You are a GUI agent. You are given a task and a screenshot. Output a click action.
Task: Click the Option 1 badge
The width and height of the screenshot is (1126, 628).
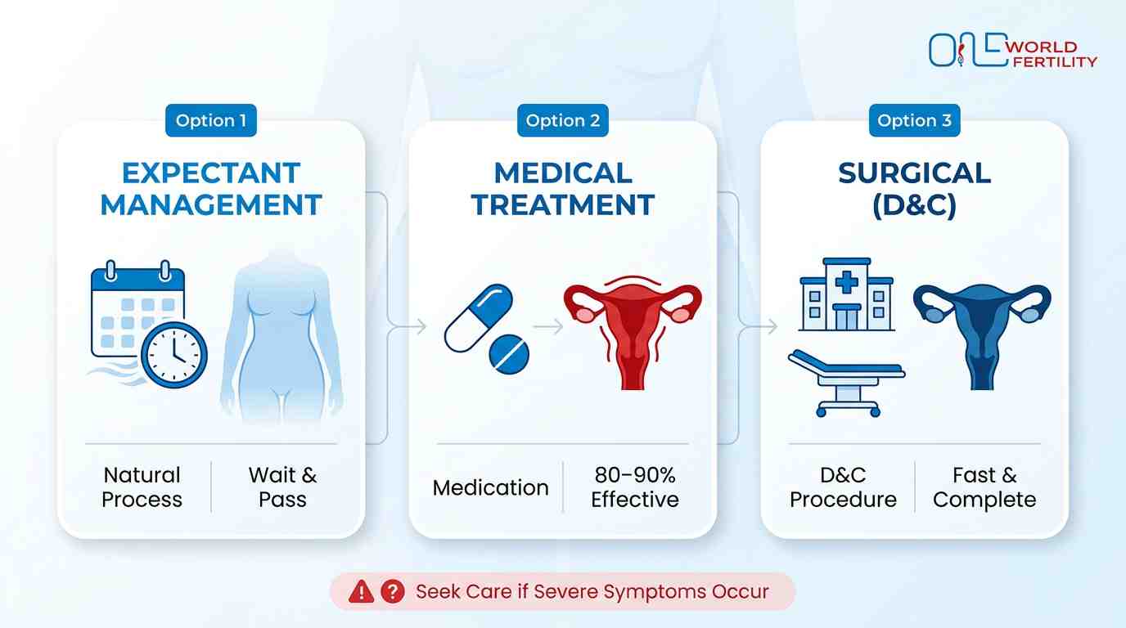210,121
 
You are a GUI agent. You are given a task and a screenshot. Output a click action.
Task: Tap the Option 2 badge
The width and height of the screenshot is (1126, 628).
562,121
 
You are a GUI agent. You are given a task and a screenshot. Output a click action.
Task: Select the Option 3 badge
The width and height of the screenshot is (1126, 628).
914,121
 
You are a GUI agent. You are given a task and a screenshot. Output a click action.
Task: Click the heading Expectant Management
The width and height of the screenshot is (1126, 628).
211,189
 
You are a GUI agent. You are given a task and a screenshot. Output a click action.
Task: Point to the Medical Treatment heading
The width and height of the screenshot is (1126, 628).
563,189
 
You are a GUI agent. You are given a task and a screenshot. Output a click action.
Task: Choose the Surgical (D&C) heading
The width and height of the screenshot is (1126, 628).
914,189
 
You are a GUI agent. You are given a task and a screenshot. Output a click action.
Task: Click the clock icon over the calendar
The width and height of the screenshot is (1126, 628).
174,354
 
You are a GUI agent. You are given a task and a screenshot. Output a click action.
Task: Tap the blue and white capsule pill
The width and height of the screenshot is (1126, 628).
478,318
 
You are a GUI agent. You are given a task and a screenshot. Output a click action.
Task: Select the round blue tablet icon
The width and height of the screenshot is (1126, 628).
509,354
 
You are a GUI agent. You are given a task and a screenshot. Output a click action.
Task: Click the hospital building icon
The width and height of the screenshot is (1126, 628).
846,295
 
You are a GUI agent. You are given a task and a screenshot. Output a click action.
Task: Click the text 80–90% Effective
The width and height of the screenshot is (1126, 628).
635,487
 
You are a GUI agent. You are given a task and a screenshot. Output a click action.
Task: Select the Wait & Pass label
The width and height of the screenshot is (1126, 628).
282,487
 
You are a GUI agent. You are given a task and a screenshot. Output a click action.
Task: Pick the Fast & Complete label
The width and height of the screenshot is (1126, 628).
984,487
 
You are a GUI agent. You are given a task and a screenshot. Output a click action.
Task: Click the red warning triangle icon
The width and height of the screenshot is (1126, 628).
361,592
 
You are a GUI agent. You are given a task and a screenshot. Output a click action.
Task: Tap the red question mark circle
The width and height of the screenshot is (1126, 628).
393,592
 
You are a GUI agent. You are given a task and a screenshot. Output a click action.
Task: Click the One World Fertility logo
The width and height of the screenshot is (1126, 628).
1012,51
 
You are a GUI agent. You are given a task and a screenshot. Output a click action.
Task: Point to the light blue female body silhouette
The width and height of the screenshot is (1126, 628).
281,335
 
